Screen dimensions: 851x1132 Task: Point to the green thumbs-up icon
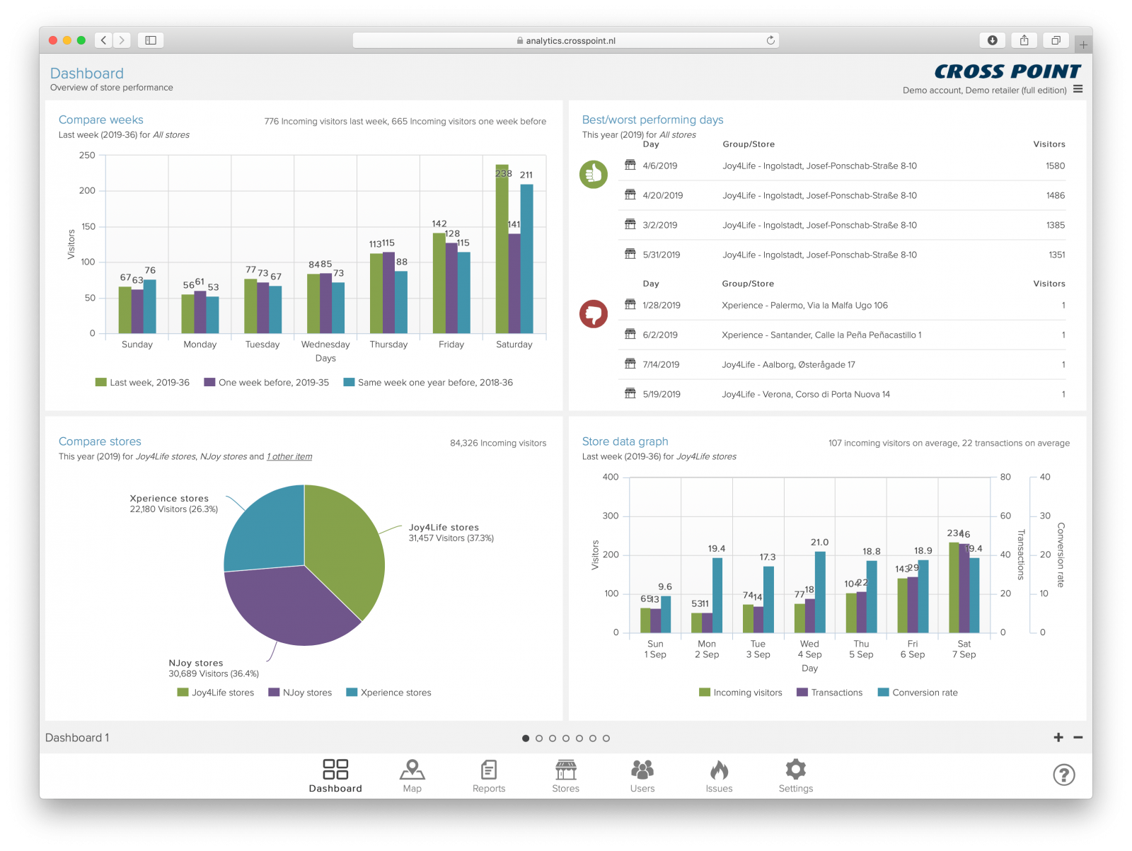pyautogui.click(x=593, y=174)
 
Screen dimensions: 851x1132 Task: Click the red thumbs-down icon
pyautogui.click(x=593, y=313)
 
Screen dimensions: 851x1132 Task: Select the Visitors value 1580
pyautogui.click(x=1055, y=166)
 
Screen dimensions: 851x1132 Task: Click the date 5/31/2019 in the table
pyautogui.click(x=661, y=255)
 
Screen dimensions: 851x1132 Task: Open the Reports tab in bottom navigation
pyautogui.click(x=489, y=776)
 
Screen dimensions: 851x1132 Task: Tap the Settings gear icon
pyautogui.click(x=795, y=769)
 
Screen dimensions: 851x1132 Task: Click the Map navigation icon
pyautogui.click(x=412, y=770)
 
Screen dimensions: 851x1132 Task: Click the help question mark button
pyautogui.click(x=1063, y=775)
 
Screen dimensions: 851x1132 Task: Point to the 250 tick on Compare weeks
pyautogui.click(x=87, y=156)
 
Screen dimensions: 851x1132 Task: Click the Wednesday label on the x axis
pyautogui.click(x=325, y=345)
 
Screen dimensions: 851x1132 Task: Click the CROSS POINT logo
pyautogui.click(x=1007, y=71)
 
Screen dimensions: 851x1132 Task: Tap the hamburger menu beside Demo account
pyautogui.click(x=1078, y=89)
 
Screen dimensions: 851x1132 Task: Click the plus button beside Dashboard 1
pyautogui.click(x=1058, y=737)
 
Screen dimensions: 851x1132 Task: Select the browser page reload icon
pyautogui.click(x=770, y=40)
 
